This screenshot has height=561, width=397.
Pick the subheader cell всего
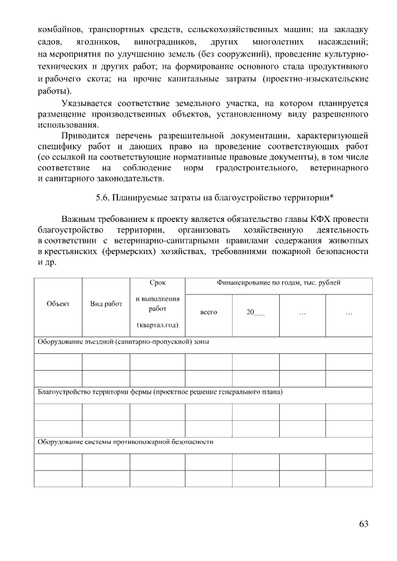coord(209,312)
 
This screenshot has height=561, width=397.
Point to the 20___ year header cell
coord(255,312)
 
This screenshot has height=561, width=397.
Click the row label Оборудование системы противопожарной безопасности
coord(126,443)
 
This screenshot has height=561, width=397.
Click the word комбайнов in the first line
coord(59,29)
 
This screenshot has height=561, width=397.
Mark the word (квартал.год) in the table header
coord(158,325)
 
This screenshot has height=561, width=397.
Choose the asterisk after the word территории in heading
coord(333,197)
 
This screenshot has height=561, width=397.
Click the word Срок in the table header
coord(158,283)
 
